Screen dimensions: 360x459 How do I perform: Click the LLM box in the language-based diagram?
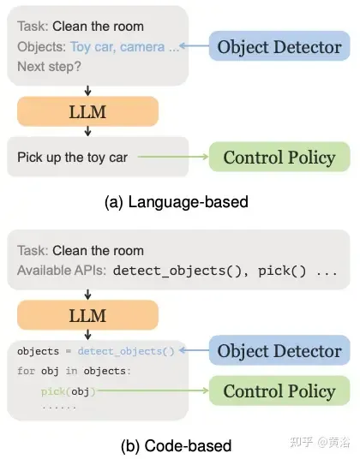(x=88, y=111)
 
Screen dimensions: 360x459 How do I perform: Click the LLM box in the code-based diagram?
(x=88, y=315)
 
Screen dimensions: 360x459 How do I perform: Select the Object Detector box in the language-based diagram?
(x=279, y=46)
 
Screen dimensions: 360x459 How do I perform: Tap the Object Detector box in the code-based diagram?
(x=279, y=350)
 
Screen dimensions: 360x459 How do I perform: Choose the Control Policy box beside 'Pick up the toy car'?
(x=279, y=157)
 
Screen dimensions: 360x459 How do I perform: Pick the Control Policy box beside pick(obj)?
(x=279, y=390)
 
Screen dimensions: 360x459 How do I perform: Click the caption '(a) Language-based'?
(x=177, y=202)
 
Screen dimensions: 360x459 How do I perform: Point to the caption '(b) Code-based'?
(x=177, y=445)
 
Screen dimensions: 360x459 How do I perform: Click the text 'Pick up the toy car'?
(x=72, y=158)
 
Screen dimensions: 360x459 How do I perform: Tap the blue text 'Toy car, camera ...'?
(x=124, y=47)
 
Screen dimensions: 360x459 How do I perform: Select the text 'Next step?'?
(x=49, y=67)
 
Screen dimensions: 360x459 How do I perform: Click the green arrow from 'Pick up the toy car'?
(x=173, y=157)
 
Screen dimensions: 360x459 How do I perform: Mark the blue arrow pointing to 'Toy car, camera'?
(x=194, y=45)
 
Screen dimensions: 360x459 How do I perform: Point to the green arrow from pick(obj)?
(x=153, y=390)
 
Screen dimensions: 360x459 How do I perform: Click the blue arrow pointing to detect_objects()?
(x=194, y=350)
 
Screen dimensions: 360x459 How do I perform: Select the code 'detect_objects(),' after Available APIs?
(x=181, y=271)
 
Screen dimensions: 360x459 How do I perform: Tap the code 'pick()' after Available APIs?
(x=282, y=271)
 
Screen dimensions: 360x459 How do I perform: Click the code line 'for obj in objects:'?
(x=74, y=371)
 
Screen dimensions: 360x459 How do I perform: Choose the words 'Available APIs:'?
(x=62, y=271)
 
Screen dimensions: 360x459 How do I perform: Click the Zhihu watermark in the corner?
(x=320, y=442)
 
